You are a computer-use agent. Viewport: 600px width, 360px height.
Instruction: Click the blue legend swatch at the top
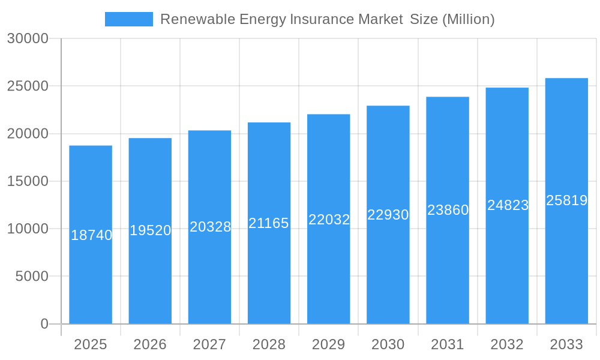tap(128, 19)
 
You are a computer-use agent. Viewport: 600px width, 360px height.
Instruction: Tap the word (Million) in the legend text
tap(468, 19)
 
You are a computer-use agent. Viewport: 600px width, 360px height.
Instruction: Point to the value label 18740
tap(91, 235)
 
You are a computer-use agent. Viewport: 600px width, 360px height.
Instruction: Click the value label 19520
tap(150, 230)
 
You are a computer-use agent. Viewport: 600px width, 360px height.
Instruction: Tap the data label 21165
tap(269, 223)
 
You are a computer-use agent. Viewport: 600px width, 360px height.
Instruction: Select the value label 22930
tap(388, 215)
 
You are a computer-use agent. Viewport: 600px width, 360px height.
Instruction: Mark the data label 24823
tap(508, 205)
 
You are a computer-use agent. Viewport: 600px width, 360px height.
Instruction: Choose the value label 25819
tap(566, 200)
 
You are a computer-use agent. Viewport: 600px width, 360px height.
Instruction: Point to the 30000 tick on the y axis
tap(28, 38)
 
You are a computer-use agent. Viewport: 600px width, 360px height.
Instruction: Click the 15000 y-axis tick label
tap(28, 181)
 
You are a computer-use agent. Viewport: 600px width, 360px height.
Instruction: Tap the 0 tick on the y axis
tap(44, 324)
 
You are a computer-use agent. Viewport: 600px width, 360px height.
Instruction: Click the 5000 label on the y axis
tap(31, 277)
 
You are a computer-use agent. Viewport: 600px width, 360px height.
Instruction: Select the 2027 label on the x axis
tap(209, 344)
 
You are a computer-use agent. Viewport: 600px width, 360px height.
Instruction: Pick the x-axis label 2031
tap(447, 344)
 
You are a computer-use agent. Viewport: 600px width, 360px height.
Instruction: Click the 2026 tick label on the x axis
tap(150, 344)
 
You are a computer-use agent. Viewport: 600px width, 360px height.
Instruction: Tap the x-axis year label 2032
tap(507, 344)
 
